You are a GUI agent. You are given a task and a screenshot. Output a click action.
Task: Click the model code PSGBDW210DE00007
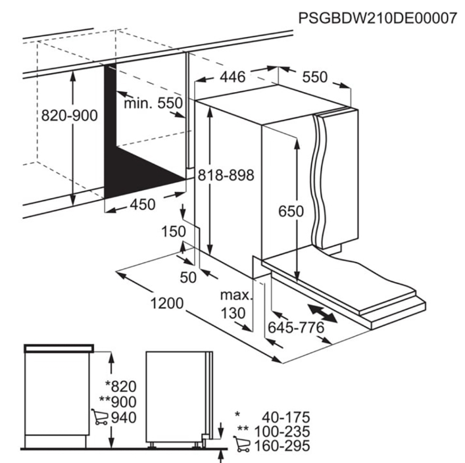point(378,18)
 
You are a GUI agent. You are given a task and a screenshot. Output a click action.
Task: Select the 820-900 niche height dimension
point(70,115)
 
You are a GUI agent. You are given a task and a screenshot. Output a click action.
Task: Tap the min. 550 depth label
point(153,103)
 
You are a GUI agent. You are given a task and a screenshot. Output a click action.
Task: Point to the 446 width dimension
point(233,77)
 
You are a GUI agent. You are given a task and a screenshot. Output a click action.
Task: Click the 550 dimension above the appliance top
point(315,77)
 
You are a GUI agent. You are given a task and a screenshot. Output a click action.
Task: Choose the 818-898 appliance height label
point(226,175)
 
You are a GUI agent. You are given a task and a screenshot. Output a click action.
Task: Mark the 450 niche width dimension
point(143,205)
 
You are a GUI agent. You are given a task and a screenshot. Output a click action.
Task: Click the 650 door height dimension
point(291,211)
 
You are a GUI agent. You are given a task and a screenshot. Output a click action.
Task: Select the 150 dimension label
point(174,231)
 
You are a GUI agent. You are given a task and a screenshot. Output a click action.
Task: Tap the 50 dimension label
point(188,278)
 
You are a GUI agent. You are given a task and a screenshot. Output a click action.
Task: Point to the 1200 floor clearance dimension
point(167,303)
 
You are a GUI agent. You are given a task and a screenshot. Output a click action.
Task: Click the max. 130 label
point(235,304)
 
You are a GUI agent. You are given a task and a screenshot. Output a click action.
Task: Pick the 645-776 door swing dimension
point(296,328)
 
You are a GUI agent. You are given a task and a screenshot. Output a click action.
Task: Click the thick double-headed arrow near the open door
point(322,313)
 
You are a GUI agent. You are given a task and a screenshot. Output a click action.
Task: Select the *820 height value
point(121,387)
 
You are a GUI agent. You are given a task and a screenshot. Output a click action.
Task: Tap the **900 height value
point(118,402)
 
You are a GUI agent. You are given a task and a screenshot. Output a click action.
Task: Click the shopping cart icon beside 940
point(100,417)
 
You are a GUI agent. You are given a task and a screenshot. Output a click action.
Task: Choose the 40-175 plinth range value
point(286,418)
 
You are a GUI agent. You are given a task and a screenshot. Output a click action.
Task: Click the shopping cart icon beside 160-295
point(241,444)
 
